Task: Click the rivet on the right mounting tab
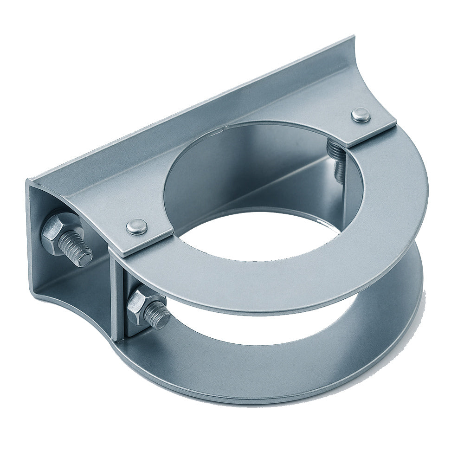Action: click(x=361, y=115)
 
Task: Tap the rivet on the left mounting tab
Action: click(x=137, y=226)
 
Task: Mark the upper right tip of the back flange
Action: click(x=354, y=37)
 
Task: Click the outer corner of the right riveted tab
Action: click(x=396, y=123)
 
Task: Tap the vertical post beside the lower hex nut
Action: click(x=118, y=302)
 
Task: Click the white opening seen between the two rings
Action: click(x=278, y=325)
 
